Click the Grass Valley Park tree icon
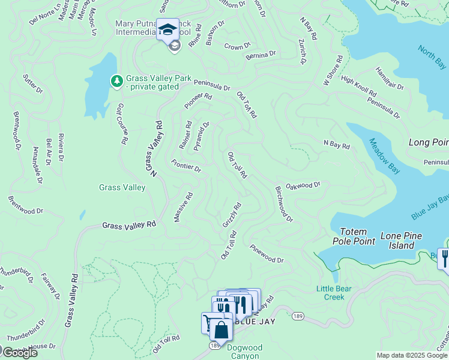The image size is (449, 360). (116, 80)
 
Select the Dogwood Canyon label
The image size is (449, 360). (243, 351)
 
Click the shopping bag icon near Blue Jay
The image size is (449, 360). (221, 331)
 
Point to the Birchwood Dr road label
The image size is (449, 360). (283, 204)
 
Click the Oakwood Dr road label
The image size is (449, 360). (303, 186)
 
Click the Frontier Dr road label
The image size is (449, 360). (186, 166)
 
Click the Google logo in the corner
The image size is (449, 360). (19, 353)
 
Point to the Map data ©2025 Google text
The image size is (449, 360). (411, 355)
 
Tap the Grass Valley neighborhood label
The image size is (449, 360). (122, 188)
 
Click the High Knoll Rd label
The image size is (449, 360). (358, 86)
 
